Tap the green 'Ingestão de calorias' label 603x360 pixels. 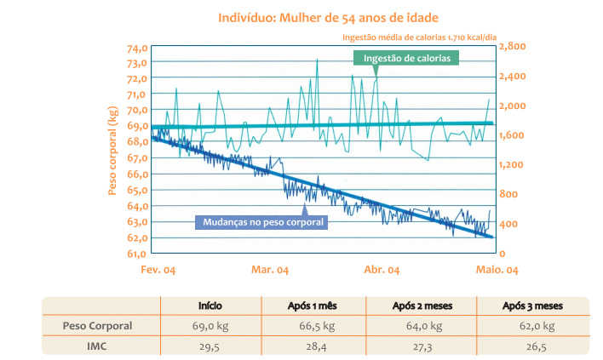[406, 58]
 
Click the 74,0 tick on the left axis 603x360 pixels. [136, 47]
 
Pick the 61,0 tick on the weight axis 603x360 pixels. [136, 254]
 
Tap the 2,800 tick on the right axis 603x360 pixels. [514, 47]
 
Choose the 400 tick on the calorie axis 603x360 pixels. [508, 224]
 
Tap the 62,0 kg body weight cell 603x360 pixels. [532, 326]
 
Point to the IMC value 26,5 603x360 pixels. [532, 346]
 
